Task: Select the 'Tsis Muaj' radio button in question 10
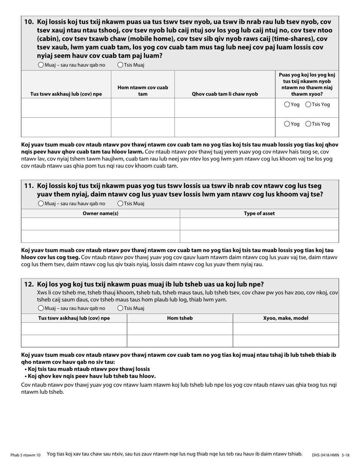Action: (120, 65)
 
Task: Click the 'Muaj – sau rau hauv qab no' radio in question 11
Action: (41, 203)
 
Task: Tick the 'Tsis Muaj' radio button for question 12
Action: (120, 308)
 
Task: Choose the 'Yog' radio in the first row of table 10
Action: (287, 105)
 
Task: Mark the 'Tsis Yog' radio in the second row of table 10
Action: (308, 124)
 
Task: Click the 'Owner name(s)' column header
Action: (100, 213)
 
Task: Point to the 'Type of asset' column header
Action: (259, 213)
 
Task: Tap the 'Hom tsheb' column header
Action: (180, 318)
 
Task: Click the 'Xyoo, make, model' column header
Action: (285, 318)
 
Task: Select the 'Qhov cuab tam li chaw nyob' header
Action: (225, 94)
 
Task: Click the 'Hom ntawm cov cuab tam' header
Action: (142, 91)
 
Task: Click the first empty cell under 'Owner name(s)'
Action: (100, 224)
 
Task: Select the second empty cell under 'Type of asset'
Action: (259, 236)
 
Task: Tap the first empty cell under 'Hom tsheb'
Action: (180, 328)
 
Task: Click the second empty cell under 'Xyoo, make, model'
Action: (285, 341)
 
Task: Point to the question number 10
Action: (29, 22)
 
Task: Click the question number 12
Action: (29, 285)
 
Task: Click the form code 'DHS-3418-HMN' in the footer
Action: (326, 455)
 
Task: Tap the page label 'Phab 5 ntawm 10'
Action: (25, 455)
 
